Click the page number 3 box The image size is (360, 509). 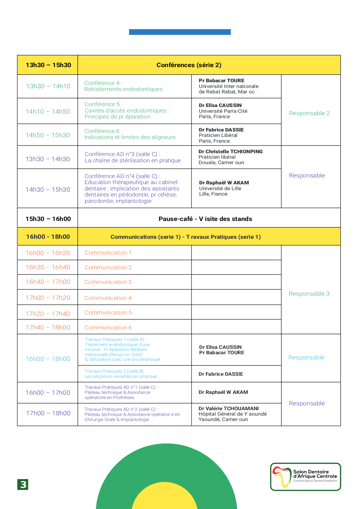click(x=23, y=484)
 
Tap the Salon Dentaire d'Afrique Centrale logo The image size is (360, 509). click(x=305, y=477)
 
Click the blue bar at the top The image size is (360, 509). click(x=180, y=32)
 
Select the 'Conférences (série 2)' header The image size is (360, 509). click(x=189, y=65)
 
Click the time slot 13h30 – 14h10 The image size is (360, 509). click(x=48, y=86)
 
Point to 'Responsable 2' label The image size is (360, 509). click(x=309, y=113)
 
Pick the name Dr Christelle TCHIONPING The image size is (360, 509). click(x=231, y=151)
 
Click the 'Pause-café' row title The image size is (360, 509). click(x=205, y=219)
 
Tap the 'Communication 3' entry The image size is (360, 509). click(x=108, y=282)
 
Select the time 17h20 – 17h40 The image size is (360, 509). click(x=48, y=314)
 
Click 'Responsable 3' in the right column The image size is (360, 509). click(x=309, y=294)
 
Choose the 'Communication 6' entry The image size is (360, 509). click(x=108, y=328)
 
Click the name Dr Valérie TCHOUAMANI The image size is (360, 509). click(x=229, y=408)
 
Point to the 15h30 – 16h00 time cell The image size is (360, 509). click(x=48, y=219)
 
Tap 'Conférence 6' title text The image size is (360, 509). click(x=103, y=131)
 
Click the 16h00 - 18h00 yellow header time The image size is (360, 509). click(x=48, y=237)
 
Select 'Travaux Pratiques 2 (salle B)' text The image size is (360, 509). click(x=115, y=371)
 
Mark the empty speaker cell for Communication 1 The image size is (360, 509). click(x=236, y=253)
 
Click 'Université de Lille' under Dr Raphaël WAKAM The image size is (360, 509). click(x=220, y=188)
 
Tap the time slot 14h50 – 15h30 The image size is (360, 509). click(x=48, y=135)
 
